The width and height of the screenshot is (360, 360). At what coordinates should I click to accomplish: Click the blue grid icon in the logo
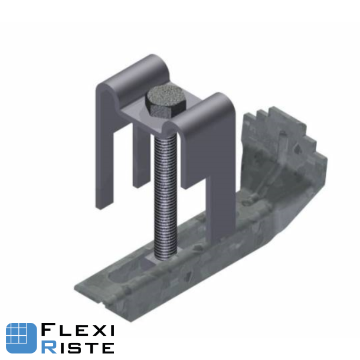pos(21,338)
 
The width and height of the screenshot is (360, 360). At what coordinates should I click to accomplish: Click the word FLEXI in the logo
pos(77,330)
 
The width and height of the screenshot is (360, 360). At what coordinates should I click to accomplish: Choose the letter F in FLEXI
pos(48,330)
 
